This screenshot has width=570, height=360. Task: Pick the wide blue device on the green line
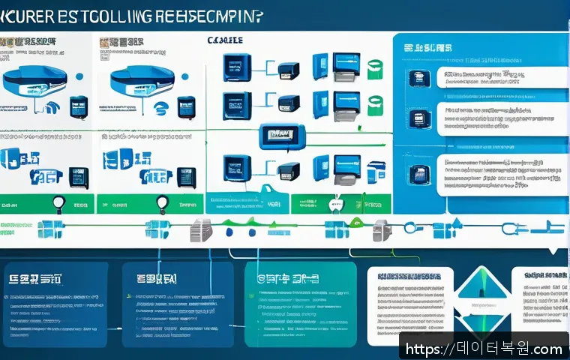click(280, 136)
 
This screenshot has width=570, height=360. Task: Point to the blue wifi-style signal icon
click(160, 109)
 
